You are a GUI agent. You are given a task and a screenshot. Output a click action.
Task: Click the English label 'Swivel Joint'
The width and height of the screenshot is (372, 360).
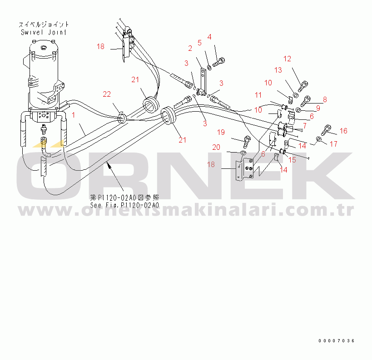[x=44, y=32]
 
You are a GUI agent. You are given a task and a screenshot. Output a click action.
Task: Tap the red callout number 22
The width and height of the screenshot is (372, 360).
[x=107, y=94]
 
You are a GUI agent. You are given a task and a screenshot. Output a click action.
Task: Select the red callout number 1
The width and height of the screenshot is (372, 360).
[x=74, y=115]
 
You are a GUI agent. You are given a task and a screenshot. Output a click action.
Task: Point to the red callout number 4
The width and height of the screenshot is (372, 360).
[x=209, y=37]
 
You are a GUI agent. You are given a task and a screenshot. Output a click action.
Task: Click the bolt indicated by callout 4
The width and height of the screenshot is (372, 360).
[x=219, y=62]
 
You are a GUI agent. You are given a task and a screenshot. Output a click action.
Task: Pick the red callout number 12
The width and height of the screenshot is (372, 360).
[x=288, y=59]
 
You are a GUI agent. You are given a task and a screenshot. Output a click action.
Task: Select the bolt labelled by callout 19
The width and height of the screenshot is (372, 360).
[x=247, y=141]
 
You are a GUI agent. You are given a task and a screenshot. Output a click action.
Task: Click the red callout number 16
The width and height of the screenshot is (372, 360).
[x=343, y=131]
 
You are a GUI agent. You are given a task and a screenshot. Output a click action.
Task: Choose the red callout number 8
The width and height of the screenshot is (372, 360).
[x=325, y=99]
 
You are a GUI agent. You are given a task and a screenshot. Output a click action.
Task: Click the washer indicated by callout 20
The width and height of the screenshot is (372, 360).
[x=243, y=153]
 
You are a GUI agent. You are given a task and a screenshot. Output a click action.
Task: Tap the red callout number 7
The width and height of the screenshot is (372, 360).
[x=305, y=126]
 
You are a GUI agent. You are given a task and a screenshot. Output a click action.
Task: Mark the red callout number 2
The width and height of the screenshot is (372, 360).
[x=190, y=49]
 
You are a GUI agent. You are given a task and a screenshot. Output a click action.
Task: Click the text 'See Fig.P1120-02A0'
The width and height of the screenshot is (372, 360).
[x=124, y=205]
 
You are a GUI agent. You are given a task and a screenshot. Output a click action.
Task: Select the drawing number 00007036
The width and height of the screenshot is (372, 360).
[x=337, y=341]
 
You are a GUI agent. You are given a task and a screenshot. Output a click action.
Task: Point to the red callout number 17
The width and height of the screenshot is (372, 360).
[x=333, y=144]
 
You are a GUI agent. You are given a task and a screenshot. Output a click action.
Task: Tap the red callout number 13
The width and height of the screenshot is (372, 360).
[x=278, y=70]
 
